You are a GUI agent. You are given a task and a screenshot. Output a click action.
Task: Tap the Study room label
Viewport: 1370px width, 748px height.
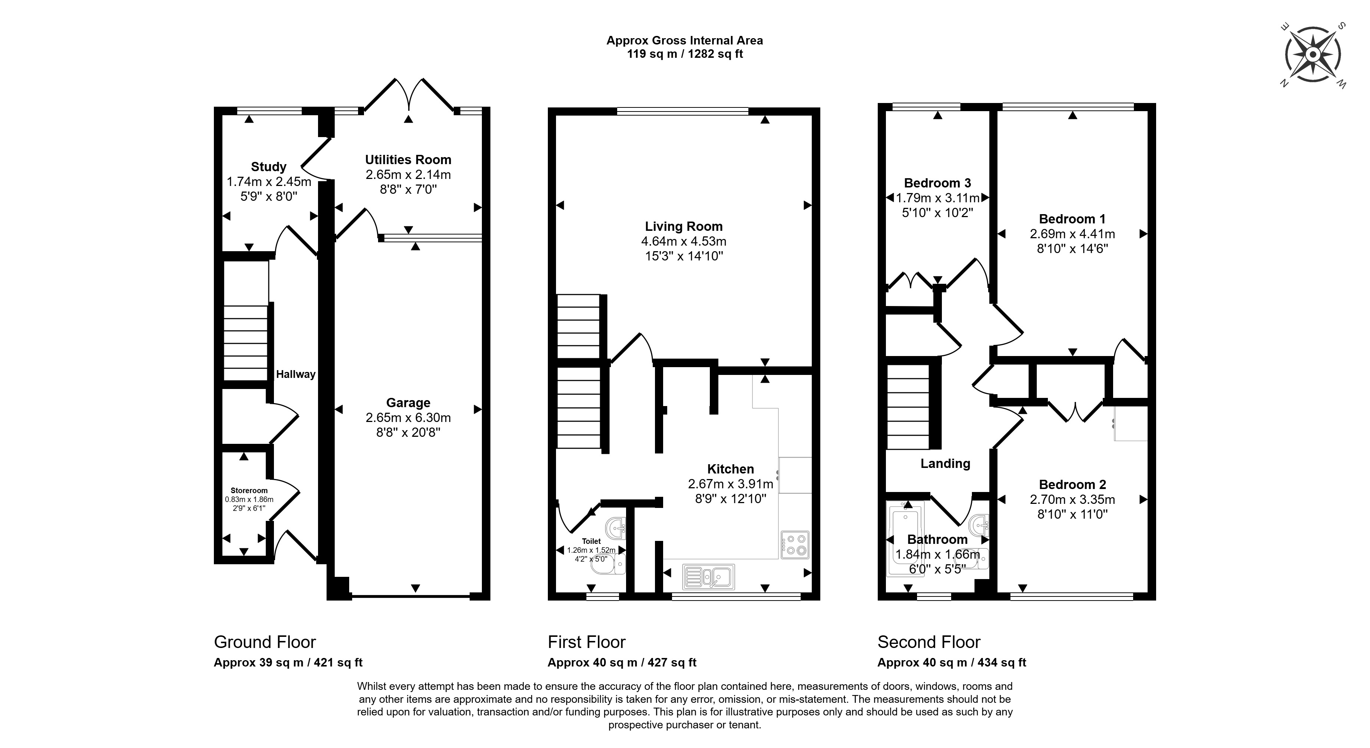pyautogui.click(x=269, y=166)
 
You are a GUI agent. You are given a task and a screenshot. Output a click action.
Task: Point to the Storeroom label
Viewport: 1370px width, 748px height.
pyautogui.click(x=249, y=490)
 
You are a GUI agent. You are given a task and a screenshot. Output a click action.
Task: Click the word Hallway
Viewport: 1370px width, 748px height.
pyautogui.click(x=296, y=374)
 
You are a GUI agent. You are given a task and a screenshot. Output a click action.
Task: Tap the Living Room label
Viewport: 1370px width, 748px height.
pyautogui.click(x=684, y=226)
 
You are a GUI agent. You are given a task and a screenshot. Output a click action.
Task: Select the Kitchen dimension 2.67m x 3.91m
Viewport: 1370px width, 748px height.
pyautogui.click(x=730, y=484)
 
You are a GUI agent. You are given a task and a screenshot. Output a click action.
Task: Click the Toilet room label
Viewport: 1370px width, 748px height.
pyautogui.click(x=591, y=541)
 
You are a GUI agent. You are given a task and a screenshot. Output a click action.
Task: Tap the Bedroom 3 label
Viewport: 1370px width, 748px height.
pyautogui.click(x=938, y=183)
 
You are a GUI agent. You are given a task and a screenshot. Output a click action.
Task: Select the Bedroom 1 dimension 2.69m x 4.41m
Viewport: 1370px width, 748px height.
pyautogui.click(x=1072, y=234)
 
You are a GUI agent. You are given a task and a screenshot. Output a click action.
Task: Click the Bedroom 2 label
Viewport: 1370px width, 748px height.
pyautogui.click(x=1072, y=484)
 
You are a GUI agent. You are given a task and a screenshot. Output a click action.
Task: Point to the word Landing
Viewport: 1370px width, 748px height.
pyautogui.click(x=945, y=463)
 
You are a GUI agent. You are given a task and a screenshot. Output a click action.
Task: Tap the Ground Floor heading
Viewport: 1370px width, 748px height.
pyautogui.click(x=265, y=642)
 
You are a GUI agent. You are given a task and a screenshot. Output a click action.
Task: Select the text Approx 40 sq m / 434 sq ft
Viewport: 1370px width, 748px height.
pyautogui.click(x=952, y=662)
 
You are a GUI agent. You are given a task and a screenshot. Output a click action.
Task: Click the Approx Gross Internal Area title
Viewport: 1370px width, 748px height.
pyautogui.click(x=685, y=40)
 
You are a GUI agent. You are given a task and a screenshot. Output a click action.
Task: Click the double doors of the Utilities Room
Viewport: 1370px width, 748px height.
pyautogui.click(x=408, y=96)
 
